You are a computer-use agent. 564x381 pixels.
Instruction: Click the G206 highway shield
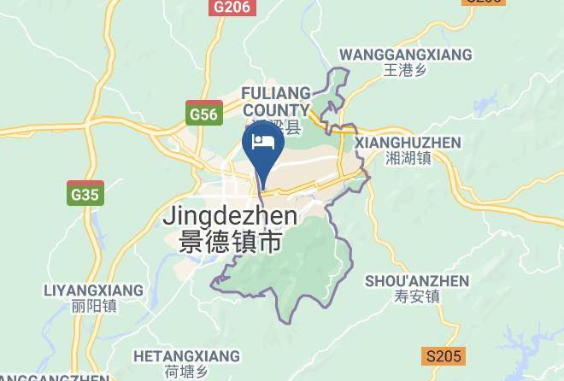tap(232, 7)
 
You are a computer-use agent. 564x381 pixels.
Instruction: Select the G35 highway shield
tap(85, 194)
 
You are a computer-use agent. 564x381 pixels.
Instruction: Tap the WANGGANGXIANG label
tap(405, 55)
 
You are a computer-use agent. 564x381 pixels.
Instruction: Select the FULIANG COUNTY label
tap(275, 102)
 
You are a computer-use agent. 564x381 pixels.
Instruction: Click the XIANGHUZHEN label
tap(407, 143)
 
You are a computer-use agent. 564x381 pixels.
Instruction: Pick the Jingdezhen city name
tap(229, 216)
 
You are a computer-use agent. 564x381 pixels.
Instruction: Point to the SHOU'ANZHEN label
tap(417, 281)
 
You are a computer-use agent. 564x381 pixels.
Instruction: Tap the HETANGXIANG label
tap(186, 355)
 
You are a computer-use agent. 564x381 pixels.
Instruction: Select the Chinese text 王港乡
tap(405, 70)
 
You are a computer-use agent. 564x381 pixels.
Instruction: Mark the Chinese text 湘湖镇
tap(408, 158)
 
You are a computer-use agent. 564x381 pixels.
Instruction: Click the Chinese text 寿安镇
tap(417, 296)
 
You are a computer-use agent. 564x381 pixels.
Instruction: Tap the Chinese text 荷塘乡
tap(186, 370)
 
